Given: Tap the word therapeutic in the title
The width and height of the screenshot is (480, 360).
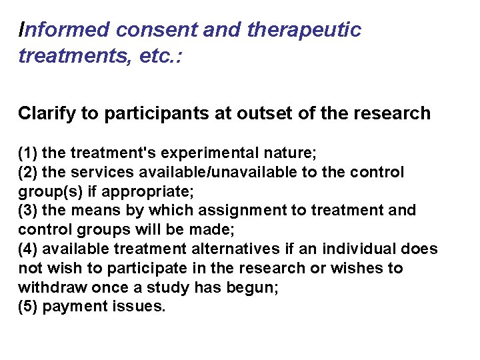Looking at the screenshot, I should pyautogui.click(x=304, y=30).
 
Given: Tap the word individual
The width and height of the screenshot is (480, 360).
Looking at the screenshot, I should pyautogui.click(x=367, y=249).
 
